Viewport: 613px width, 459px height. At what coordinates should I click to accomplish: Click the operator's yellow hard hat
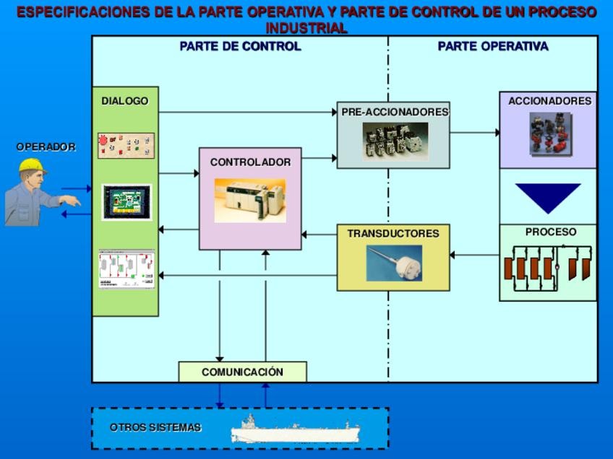coord(31,167)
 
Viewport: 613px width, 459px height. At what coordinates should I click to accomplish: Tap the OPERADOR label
coord(46,147)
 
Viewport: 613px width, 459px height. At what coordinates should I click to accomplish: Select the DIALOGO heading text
coord(124,102)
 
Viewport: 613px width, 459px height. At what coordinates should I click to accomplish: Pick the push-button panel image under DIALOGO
coord(127,146)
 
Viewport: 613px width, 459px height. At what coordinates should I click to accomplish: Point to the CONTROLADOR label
coord(250,163)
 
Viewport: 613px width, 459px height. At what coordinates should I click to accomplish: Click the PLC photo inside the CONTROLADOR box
coord(250,200)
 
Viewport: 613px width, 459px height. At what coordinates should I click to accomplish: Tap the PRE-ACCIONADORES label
coord(395,113)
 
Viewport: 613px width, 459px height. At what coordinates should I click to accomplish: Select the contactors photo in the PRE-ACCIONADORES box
coord(395,141)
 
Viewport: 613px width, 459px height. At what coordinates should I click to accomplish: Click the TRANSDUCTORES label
coord(393,234)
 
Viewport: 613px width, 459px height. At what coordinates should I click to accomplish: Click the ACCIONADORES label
coord(549,102)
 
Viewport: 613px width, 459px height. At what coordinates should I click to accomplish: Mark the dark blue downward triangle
coord(547,196)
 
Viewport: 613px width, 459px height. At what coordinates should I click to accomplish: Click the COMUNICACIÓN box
coord(242,372)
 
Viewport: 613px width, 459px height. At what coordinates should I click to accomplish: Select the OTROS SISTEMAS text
coord(155,427)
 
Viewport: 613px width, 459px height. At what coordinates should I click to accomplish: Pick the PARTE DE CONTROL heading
coord(240,47)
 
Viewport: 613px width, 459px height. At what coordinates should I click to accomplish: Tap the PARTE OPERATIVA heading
coord(492,47)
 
